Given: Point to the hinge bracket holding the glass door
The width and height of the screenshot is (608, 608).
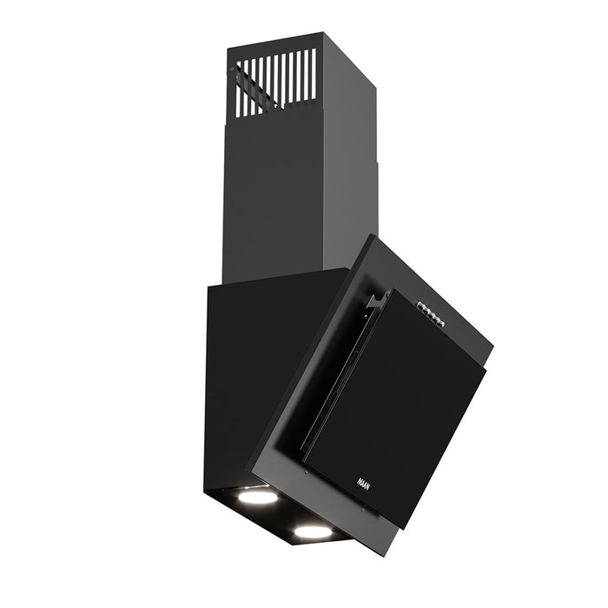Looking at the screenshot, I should click(x=375, y=301).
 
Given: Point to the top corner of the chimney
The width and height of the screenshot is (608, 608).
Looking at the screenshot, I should click(x=321, y=34).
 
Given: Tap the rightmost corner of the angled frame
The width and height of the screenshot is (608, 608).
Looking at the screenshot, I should click(x=492, y=347).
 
